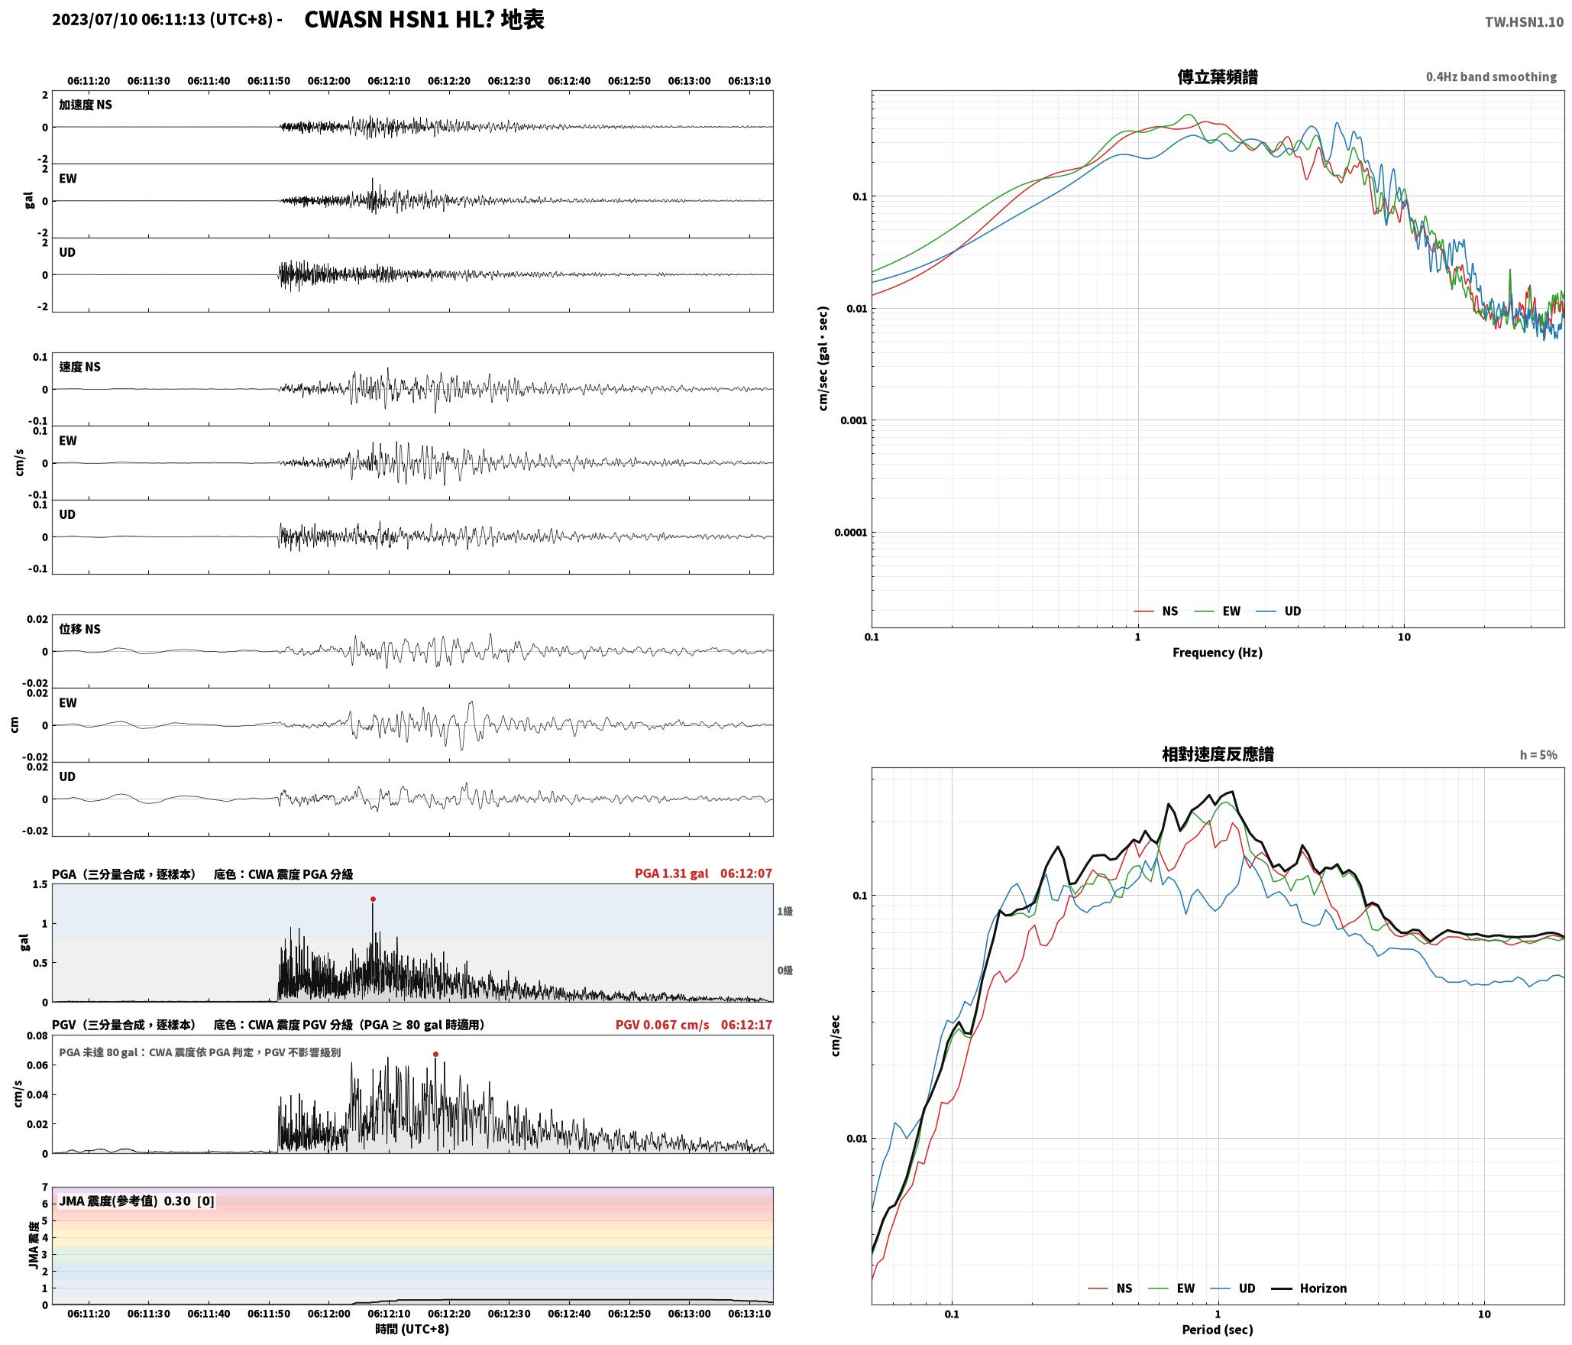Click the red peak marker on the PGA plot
click(373, 899)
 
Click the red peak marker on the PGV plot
click(435, 1054)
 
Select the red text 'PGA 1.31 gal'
click(671, 873)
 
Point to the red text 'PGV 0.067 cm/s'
click(662, 1024)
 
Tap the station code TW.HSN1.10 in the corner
click(1524, 22)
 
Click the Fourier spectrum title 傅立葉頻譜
click(1218, 76)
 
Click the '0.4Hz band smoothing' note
click(1491, 76)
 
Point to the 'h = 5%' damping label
click(1538, 754)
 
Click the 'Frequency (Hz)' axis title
click(1218, 652)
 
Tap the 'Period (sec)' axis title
click(1218, 1329)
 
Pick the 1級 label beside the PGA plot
click(784, 911)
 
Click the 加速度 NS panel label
click(86, 105)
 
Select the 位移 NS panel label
click(80, 629)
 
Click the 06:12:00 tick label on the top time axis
click(329, 80)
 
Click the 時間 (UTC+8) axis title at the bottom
click(412, 1329)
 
